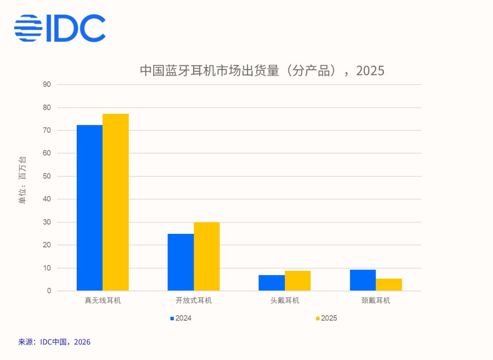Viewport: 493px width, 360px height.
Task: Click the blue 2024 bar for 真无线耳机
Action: (x=89, y=208)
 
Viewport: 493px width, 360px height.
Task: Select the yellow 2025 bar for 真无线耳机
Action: (x=115, y=202)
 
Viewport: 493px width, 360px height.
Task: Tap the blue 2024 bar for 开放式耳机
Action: (x=181, y=262)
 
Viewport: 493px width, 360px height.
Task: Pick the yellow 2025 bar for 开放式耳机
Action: (x=207, y=256)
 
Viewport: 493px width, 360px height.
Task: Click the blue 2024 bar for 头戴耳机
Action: (x=272, y=283)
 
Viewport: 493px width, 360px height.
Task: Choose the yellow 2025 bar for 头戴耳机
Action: (x=298, y=281)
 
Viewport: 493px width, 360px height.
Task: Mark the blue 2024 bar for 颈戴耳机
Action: (x=363, y=280)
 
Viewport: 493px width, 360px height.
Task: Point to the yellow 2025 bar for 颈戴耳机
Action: (x=389, y=285)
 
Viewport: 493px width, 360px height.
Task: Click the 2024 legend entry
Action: (x=181, y=318)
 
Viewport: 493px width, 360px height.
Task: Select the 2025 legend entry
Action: (x=326, y=318)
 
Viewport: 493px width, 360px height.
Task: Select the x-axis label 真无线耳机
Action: (x=103, y=301)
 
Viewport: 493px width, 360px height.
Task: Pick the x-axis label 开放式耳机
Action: (x=194, y=301)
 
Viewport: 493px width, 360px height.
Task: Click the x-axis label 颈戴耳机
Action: (x=376, y=301)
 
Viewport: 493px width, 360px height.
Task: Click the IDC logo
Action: (x=60, y=28)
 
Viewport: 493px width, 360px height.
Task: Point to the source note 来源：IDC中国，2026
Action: (x=54, y=342)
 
